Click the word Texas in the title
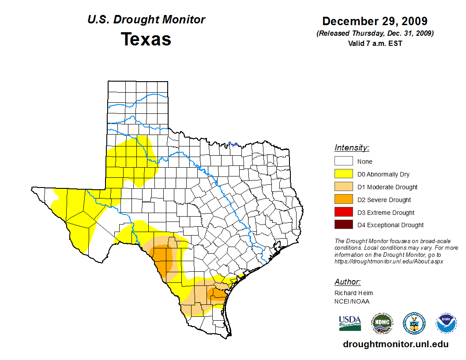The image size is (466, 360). pyautogui.click(x=146, y=39)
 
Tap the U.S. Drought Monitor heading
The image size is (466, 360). pyautogui.click(x=146, y=20)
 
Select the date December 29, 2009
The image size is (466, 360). pyautogui.click(x=375, y=21)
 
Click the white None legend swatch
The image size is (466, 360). pyautogui.click(x=343, y=161)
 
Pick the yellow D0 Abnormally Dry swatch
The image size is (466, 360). pyautogui.click(x=343, y=174)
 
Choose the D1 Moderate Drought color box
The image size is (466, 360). pyautogui.click(x=343, y=187)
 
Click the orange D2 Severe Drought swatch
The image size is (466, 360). pyautogui.click(x=343, y=200)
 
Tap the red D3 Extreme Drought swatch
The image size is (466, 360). pyautogui.click(x=343, y=212)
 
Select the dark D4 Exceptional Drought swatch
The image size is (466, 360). pyautogui.click(x=343, y=225)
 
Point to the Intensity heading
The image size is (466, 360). pyautogui.click(x=352, y=148)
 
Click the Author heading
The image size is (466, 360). pyautogui.click(x=347, y=282)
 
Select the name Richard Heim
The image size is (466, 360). pyautogui.click(x=353, y=293)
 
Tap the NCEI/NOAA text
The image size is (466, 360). pyautogui.click(x=352, y=301)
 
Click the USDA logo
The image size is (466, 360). pyautogui.click(x=350, y=323)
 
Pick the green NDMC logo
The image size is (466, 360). pyautogui.click(x=382, y=323)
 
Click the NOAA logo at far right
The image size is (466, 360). pyautogui.click(x=446, y=323)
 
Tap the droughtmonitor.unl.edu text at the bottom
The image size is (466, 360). pyautogui.click(x=395, y=345)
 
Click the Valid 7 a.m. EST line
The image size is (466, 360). pyautogui.click(x=375, y=43)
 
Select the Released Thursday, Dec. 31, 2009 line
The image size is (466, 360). pyautogui.click(x=375, y=34)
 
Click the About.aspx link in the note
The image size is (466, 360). pyautogui.click(x=388, y=261)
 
